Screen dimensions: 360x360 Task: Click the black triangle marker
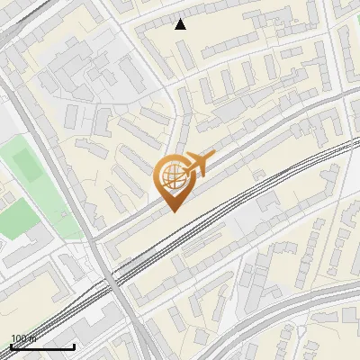[181, 24]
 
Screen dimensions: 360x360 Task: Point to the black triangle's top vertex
[181, 19]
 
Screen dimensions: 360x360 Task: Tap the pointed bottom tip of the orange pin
[171, 211]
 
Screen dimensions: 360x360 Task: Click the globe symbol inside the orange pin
[171, 178]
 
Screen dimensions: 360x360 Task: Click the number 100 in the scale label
[18, 338]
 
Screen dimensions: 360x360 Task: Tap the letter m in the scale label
[31, 338]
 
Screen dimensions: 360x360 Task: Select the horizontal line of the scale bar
[42, 346]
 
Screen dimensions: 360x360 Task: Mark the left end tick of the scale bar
[11, 345]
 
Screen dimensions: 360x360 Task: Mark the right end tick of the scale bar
[74, 345]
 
